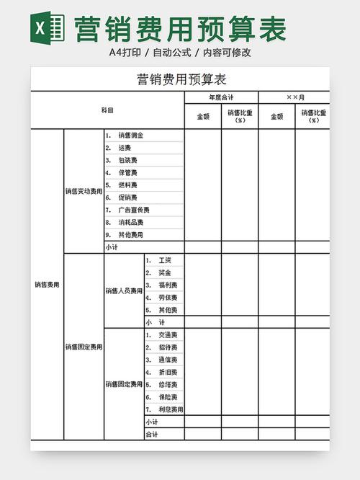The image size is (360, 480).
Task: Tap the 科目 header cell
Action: click(x=107, y=110)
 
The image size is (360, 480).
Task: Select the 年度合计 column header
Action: click(x=221, y=97)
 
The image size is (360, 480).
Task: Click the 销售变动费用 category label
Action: click(x=84, y=192)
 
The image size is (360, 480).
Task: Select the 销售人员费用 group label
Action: click(x=124, y=291)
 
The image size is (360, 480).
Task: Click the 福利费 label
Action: click(x=167, y=285)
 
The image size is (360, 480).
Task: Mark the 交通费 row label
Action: click(x=167, y=335)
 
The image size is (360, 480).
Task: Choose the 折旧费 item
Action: click(x=167, y=373)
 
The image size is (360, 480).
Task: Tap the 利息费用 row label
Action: click(x=170, y=409)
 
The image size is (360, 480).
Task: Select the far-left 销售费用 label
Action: click(x=47, y=285)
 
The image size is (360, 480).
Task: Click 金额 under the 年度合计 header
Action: click(x=203, y=116)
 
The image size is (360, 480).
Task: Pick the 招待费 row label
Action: click(x=167, y=347)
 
